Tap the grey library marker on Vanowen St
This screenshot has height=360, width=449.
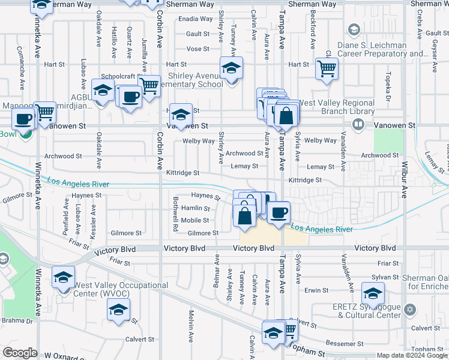[x=358, y=125]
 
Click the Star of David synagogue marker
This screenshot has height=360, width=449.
[x=410, y=310]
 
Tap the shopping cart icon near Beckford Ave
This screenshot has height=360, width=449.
[x=327, y=68]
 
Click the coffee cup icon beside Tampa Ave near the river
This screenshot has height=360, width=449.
[x=279, y=212]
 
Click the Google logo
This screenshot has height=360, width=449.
[x=20, y=353]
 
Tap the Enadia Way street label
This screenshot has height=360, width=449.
[x=196, y=19]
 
